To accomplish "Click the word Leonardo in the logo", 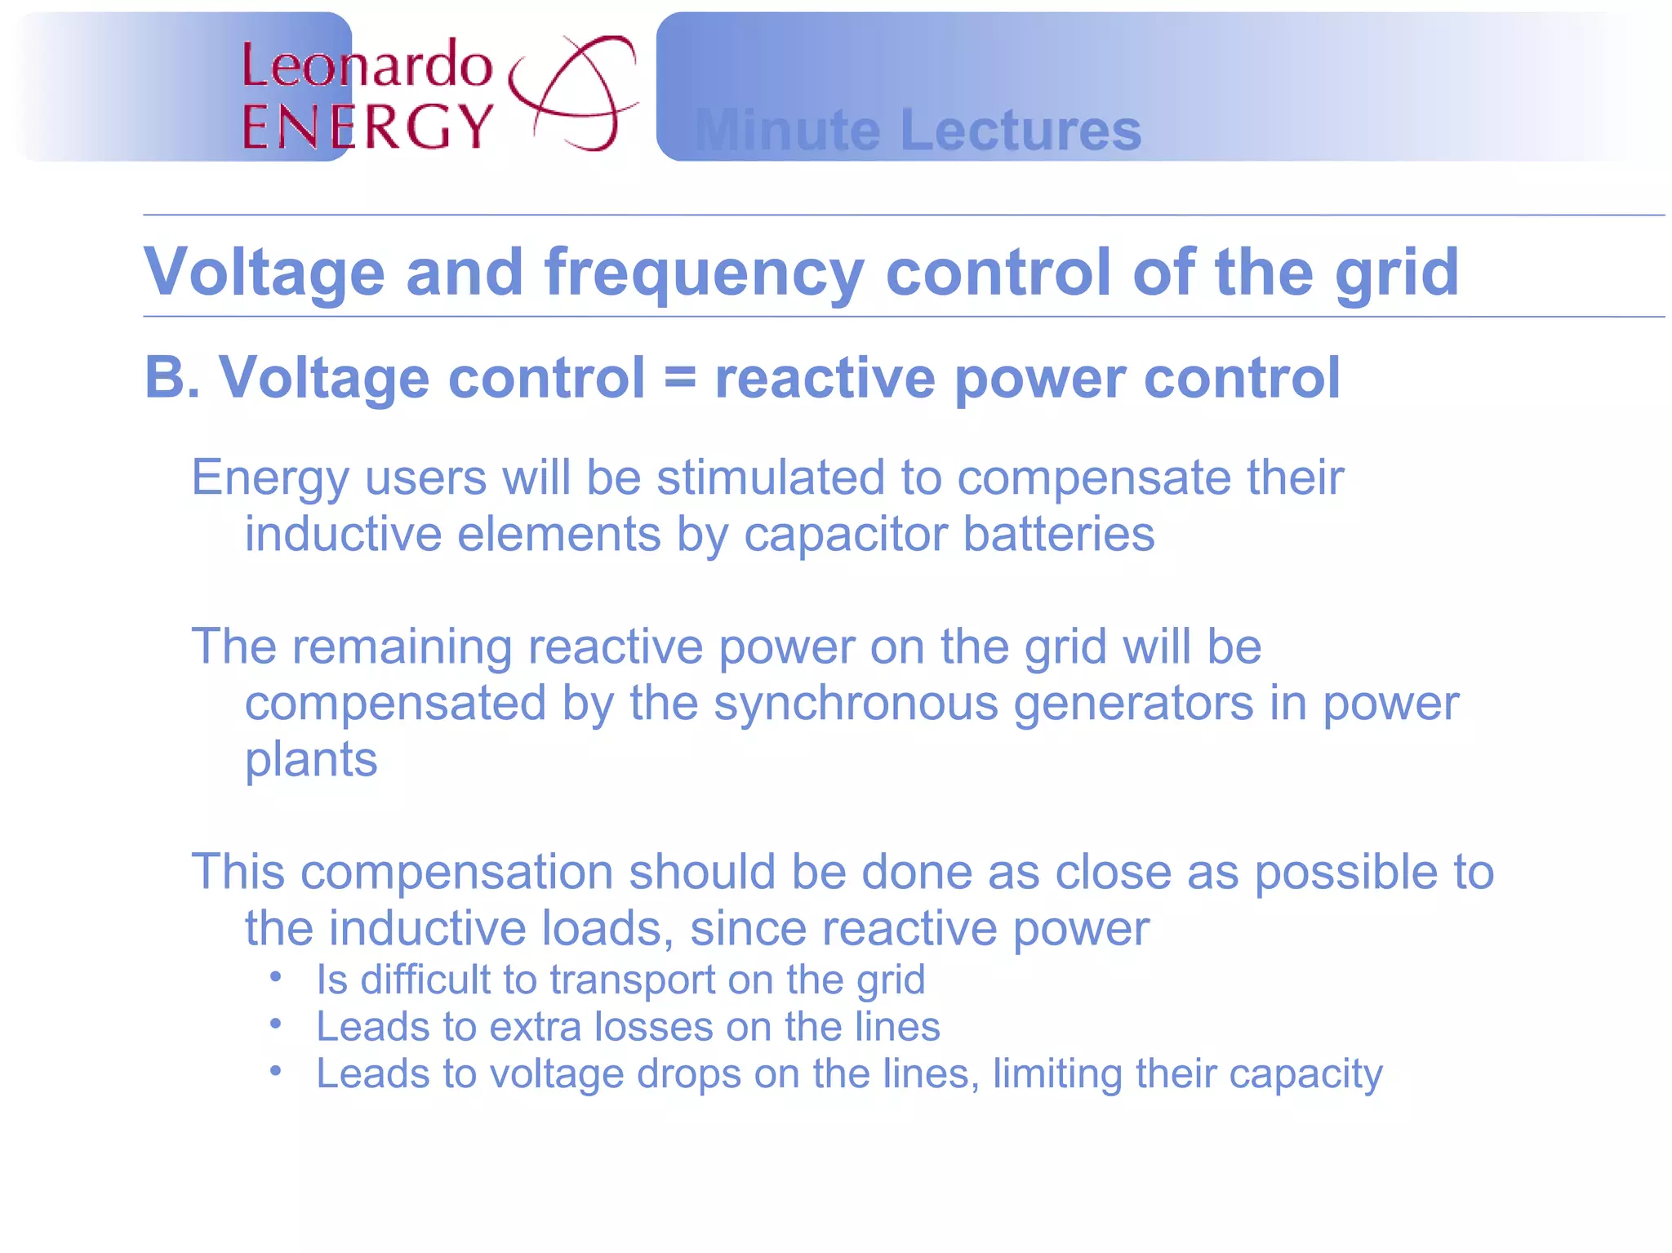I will [367, 65].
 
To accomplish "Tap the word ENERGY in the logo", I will [367, 127].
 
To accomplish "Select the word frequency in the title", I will [704, 273].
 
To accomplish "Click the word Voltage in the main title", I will [264, 273].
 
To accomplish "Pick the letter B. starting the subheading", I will [172, 378].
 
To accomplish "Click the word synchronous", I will [856, 704].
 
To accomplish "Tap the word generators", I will [1133, 704].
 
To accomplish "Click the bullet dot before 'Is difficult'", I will [276, 976].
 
